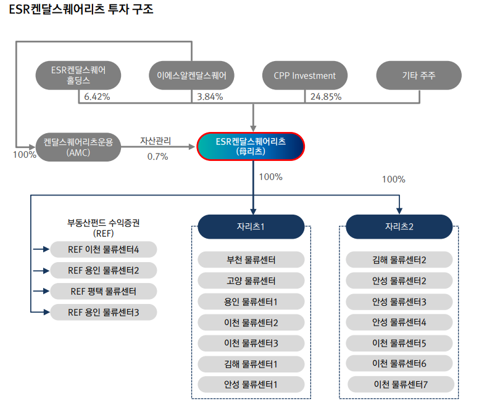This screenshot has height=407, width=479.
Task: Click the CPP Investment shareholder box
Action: (x=305, y=76)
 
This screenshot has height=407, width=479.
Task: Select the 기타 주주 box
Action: (x=419, y=76)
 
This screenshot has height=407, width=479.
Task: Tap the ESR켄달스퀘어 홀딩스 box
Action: (x=78, y=76)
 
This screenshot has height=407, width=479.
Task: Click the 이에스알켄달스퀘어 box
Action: (x=192, y=76)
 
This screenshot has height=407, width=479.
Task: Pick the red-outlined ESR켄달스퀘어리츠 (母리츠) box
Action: (x=251, y=146)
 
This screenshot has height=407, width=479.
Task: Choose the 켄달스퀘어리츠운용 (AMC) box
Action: (x=78, y=147)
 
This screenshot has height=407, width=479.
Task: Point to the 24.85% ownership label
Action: (x=326, y=97)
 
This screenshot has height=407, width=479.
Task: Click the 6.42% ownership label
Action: (x=96, y=97)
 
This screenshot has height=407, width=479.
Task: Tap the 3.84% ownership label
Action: (x=210, y=97)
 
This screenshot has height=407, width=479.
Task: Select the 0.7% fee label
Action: (x=157, y=157)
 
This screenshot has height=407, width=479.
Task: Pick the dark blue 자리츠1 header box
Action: (x=251, y=226)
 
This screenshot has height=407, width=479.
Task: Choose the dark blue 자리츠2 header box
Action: (x=399, y=226)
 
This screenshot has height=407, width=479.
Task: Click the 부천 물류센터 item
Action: (x=251, y=260)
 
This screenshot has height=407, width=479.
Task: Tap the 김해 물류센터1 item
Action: (x=251, y=364)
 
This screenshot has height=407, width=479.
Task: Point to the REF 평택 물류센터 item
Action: (x=103, y=291)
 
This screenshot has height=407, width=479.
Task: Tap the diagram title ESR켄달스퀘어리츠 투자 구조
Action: (x=77, y=10)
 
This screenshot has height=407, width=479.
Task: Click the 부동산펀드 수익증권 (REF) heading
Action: (x=103, y=228)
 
